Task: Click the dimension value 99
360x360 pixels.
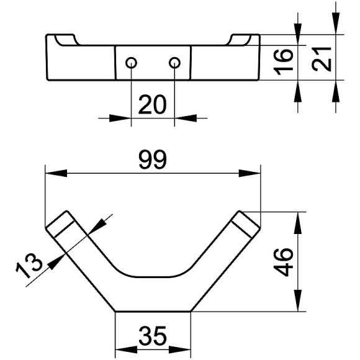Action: pos(153,160)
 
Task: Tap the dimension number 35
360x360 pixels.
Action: pos(153,336)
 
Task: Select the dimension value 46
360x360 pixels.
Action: pos(284,263)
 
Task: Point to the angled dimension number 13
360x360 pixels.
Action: pos(29,265)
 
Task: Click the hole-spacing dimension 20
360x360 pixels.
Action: pos(152,105)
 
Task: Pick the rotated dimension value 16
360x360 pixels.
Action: pos(284,62)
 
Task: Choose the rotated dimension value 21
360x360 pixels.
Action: pos(322,59)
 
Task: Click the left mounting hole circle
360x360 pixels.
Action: pos(132,63)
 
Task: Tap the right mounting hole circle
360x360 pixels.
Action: pos(174,63)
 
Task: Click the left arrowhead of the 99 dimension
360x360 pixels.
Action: pos(56,173)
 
